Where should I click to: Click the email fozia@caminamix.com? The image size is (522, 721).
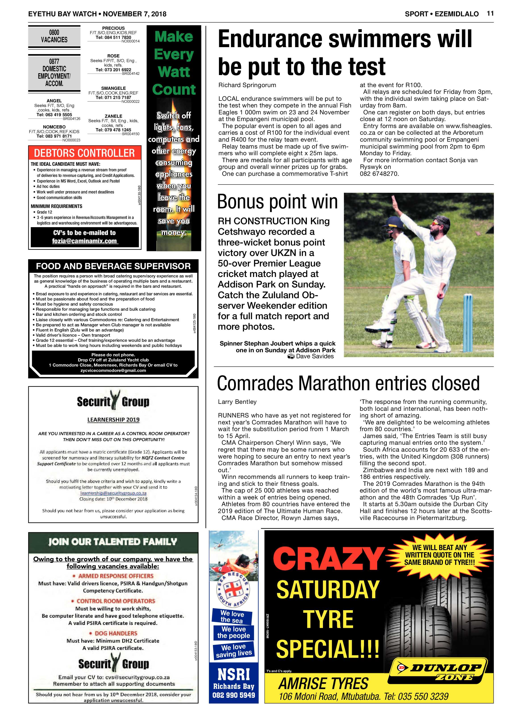85,241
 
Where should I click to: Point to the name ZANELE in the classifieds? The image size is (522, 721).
113,116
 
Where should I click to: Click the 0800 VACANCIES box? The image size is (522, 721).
54,36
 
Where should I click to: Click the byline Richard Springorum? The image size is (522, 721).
247,85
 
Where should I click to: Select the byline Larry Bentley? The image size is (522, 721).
237,402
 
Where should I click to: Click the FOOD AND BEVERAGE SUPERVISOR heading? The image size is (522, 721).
113,266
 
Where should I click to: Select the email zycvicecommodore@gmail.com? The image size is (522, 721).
113,370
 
